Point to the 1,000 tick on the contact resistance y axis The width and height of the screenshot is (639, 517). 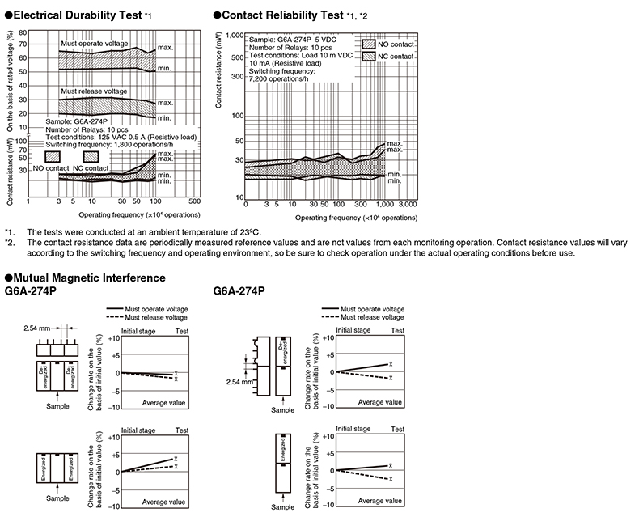pyautogui.click(x=233, y=36)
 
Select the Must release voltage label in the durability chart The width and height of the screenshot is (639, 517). pyautogui.click(x=94, y=91)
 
